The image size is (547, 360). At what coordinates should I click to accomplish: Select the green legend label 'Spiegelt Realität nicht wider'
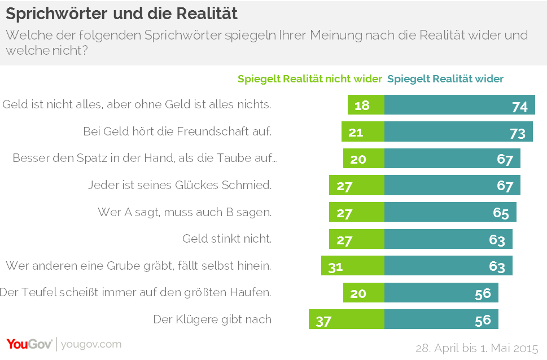pos(310,79)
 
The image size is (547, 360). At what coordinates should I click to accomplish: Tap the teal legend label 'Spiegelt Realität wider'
pos(445,79)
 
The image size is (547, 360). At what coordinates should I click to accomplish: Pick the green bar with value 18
pos(366,106)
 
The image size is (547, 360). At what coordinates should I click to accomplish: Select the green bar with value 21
pos(363,133)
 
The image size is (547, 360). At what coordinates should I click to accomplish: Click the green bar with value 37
pos(347,320)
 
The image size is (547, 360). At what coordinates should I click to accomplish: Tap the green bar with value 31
pos(353,266)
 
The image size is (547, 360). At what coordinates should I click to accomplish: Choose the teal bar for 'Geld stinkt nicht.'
pos(448,239)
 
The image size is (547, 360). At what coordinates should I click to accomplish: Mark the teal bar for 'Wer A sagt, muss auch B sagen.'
pos(450,213)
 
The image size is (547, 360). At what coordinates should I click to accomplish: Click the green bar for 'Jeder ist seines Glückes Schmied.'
pos(357,186)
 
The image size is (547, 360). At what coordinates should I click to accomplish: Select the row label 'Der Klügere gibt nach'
pos(212,319)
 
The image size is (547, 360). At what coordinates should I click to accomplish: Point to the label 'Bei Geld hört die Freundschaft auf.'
pos(177,132)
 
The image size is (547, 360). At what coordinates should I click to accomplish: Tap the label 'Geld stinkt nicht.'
pos(227,239)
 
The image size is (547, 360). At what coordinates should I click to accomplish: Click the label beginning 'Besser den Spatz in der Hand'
pos(145,159)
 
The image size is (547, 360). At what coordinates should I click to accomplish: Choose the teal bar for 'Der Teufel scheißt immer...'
pos(441,293)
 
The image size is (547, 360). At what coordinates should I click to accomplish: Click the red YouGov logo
pos(29,344)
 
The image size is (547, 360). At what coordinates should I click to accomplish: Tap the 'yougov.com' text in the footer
pos(90,344)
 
